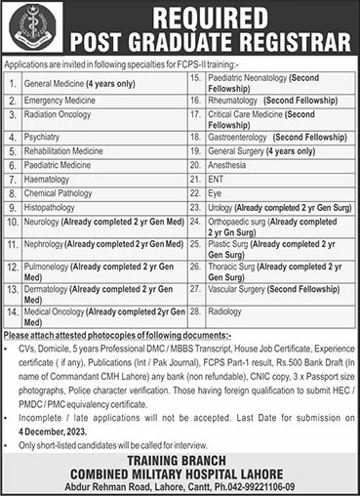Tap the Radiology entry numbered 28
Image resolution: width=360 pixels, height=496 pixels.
[222, 311]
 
